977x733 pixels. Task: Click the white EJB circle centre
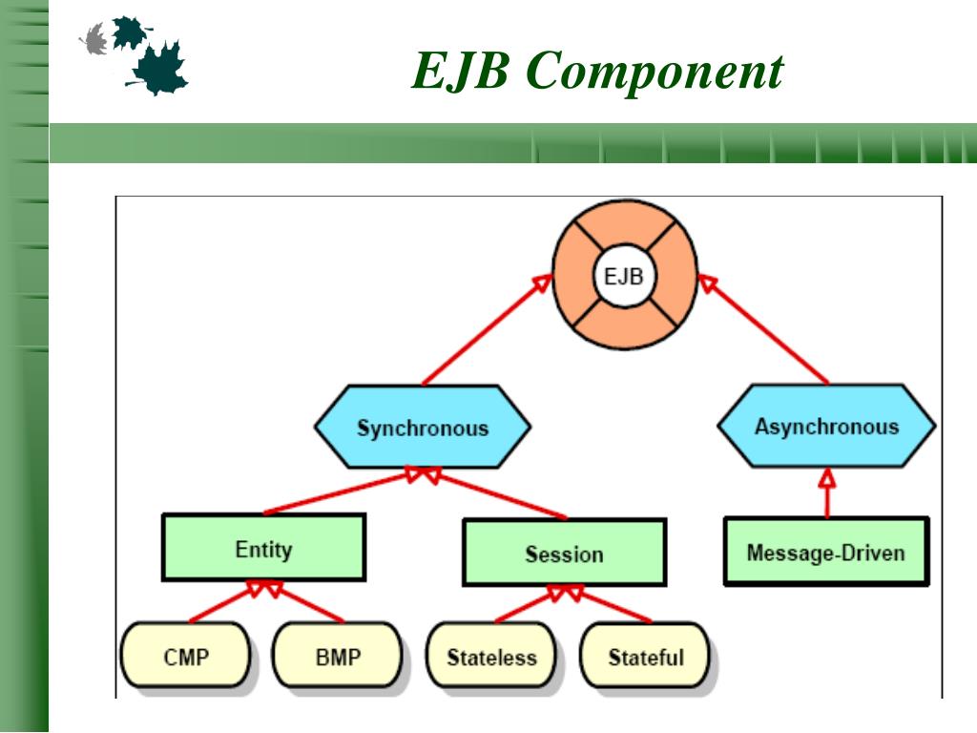pos(624,276)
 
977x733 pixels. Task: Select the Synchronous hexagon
pos(423,427)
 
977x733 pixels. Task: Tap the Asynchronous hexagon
pos(826,427)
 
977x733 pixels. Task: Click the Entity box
pos(263,548)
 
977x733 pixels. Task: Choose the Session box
pos(565,553)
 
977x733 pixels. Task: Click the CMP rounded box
pos(186,656)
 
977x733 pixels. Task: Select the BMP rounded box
pos(338,656)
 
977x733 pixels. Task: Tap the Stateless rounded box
pos(491,656)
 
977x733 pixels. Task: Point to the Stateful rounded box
pos(645,656)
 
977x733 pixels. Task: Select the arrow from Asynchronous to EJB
pos(763,329)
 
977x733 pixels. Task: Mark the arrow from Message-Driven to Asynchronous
pos(827,493)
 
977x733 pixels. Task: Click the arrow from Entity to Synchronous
pos(343,492)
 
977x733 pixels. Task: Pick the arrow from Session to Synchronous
pos(495,492)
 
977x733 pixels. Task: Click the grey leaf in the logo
pos(94,39)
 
